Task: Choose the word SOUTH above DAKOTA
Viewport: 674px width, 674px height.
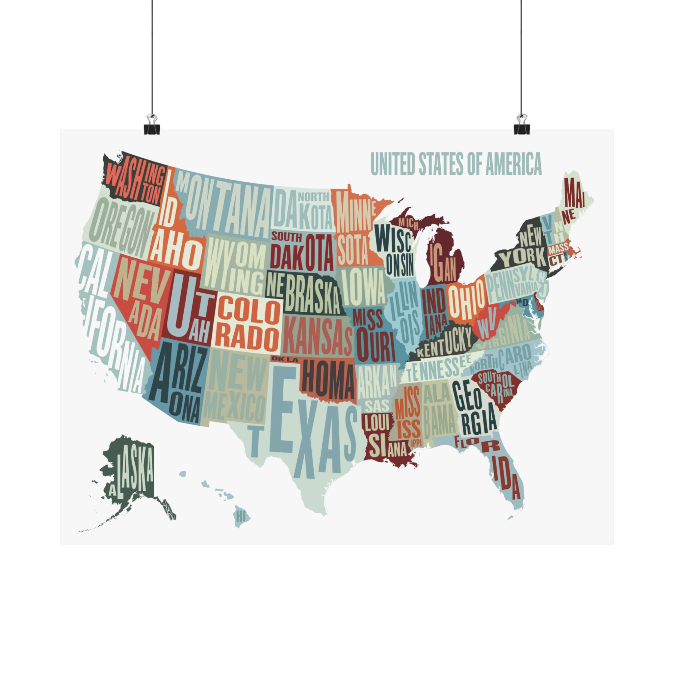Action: pos(286,237)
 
